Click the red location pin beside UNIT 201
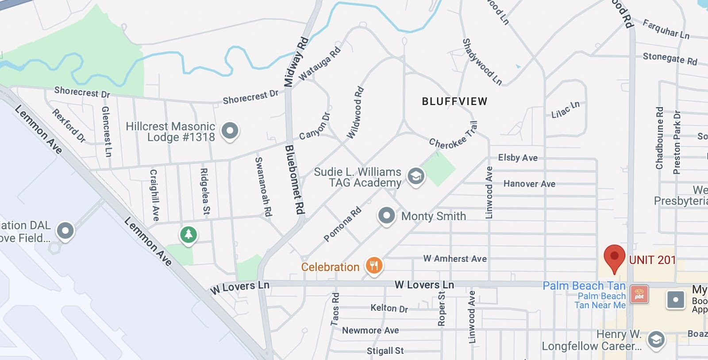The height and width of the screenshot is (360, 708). pos(614,257)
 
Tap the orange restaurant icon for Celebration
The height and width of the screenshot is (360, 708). pos(374,266)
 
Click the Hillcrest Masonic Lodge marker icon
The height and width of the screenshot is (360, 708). pos(230,131)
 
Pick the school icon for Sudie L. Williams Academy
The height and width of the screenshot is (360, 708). pos(416,176)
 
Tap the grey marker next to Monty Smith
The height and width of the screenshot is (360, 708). pos(386,216)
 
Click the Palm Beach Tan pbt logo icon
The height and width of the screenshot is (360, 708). pos(639,294)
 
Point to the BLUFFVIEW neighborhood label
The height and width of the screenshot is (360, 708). pos(454,101)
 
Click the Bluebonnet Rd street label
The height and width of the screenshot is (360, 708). pos(295,179)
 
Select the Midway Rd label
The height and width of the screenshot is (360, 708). pos(296,62)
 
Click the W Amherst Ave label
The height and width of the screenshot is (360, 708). pos(455,259)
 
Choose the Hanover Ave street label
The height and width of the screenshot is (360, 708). pos(529,184)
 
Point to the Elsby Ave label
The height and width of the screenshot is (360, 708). pos(518,158)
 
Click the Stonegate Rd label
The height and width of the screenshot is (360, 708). pos(670,58)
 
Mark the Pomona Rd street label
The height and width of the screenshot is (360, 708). pos(342,224)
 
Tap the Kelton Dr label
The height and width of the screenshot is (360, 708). pos(389,308)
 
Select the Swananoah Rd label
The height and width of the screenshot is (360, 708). pos(263,186)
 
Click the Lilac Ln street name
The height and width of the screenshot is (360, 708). pos(565,109)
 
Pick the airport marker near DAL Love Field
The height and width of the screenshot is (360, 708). pos(65,231)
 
